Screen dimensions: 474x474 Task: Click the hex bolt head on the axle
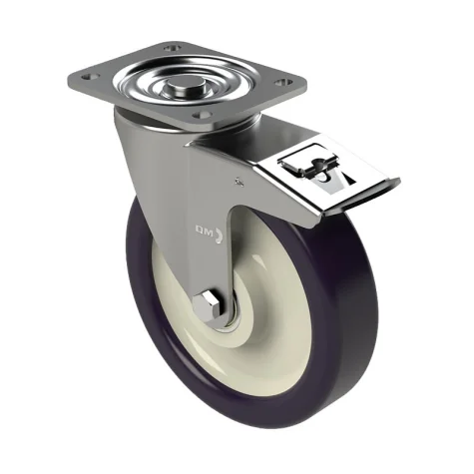pos(207,305)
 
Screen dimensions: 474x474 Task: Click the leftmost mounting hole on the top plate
pos(90,77)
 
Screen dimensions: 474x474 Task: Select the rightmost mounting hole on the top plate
pos(283,82)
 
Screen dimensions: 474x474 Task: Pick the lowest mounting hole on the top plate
pos(203,115)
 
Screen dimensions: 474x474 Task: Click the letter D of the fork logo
pos(199,230)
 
